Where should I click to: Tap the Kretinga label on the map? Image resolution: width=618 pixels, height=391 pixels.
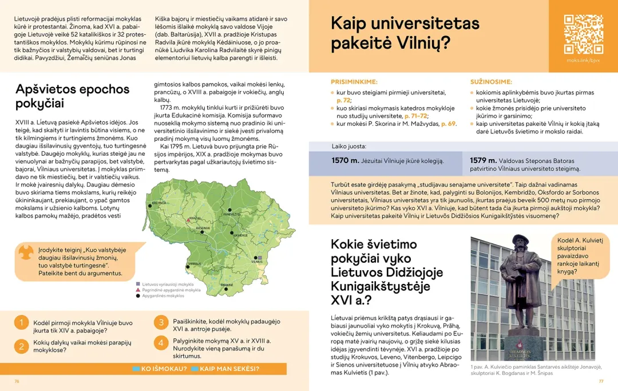click(159, 203)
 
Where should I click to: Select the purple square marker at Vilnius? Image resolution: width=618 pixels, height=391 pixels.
click(259, 258)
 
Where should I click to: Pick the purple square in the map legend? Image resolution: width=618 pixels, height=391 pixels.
click(138, 284)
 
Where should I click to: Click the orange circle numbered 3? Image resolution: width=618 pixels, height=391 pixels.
click(161, 322)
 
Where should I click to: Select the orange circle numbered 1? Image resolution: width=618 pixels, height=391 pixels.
click(21, 323)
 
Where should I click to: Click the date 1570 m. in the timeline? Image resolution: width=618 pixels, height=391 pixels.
click(346, 160)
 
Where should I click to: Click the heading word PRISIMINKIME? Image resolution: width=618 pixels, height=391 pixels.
click(354, 82)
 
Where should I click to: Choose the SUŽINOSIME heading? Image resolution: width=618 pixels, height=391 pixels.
click(491, 82)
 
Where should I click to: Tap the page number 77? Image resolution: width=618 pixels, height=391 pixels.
click(601, 381)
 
